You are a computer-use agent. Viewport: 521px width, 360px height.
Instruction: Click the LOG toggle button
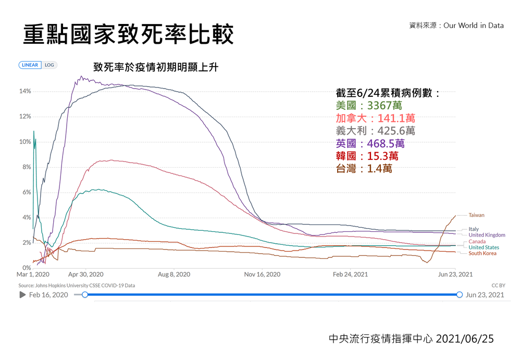coord(49,65)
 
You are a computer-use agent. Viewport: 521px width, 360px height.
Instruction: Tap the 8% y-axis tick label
coord(26,167)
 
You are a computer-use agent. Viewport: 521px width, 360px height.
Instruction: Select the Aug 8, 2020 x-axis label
coord(173,275)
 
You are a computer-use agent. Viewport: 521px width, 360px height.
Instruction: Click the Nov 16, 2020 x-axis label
coord(263,275)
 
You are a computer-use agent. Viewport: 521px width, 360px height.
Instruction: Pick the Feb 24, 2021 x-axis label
coord(350,275)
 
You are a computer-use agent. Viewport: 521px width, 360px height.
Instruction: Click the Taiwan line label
coord(476,215)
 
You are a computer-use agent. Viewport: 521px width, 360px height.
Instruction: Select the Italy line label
coord(473,229)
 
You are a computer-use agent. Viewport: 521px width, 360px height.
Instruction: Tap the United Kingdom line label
coord(487,235)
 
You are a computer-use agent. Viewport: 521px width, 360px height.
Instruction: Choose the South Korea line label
coord(482,253)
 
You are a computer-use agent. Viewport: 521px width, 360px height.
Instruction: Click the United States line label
coord(483,247)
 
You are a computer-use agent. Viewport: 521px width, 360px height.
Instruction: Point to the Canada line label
coord(477,242)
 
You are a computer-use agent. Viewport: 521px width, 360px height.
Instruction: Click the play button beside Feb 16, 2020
coord(22,295)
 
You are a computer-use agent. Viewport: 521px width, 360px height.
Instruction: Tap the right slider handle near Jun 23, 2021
coord(460,295)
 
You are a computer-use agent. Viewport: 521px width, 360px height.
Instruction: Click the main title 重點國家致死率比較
coord(128,34)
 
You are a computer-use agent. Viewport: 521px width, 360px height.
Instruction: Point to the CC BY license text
coord(499,285)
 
